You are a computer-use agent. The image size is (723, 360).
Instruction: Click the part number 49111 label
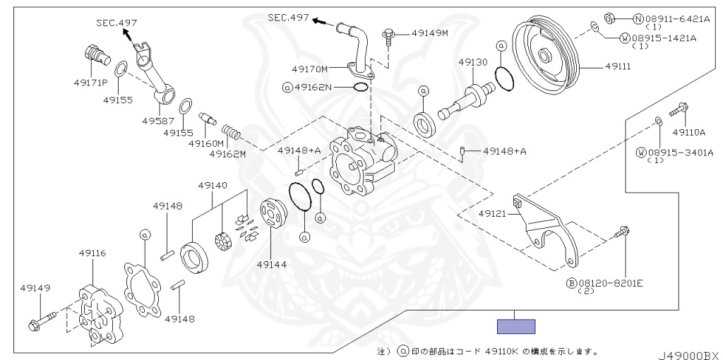click(618, 66)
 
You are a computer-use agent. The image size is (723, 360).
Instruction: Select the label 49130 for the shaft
click(472, 62)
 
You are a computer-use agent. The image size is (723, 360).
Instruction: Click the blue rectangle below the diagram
click(516, 326)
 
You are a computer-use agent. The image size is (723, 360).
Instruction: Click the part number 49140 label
click(212, 185)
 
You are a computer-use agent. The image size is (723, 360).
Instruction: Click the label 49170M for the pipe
click(310, 69)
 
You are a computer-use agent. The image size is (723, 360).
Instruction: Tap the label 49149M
click(434, 32)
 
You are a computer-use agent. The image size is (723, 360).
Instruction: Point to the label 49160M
click(205, 143)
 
